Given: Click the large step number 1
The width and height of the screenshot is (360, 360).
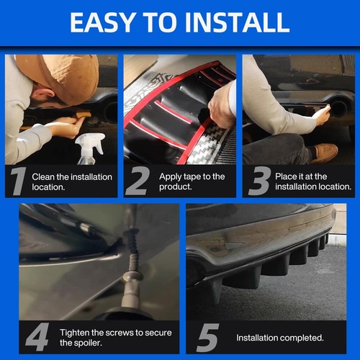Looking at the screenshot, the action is (x=19, y=181).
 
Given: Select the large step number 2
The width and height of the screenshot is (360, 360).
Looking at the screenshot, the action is (x=138, y=181).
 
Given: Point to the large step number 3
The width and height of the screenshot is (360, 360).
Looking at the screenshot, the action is (x=259, y=181).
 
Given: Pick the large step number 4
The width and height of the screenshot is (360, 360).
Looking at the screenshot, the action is (x=37, y=337).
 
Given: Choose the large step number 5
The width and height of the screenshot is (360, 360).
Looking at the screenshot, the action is (x=207, y=338).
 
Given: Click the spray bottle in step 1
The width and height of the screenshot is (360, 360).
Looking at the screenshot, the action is (x=90, y=148).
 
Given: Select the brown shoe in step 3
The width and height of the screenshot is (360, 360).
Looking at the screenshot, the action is (x=326, y=153).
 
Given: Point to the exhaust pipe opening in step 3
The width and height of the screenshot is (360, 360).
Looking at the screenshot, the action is (x=338, y=109).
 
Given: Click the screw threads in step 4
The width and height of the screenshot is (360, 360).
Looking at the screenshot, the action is (x=132, y=251).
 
